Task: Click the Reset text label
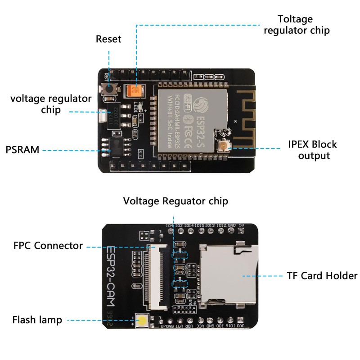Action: (108, 39)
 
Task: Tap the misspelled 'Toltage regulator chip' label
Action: (297, 25)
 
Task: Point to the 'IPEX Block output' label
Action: (312, 150)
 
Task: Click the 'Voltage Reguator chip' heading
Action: (175, 201)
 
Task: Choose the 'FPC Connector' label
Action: (48, 246)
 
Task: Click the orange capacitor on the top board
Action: (135, 91)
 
